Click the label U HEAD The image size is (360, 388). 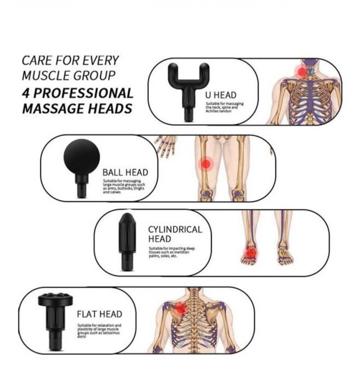point(221,95)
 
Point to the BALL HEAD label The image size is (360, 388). point(125,172)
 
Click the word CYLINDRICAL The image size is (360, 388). point(175,229)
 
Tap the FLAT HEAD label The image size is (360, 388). point(99,314)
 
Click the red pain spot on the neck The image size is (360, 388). point(301,71)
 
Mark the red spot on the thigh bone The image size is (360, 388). point(206,164)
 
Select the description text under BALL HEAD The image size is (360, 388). point(124,187)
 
